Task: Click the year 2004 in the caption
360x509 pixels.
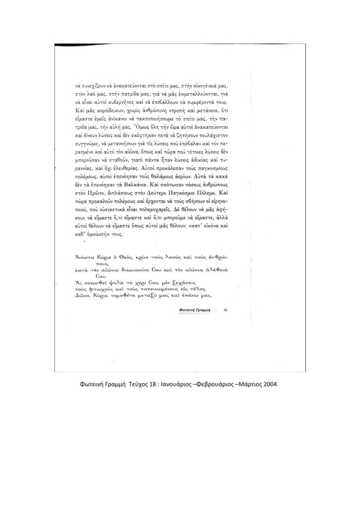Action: click(270, 384)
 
